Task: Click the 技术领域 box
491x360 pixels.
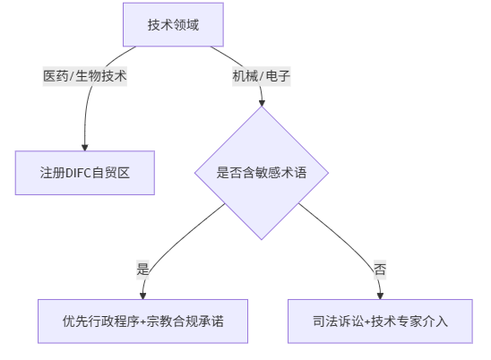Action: (x=173, y=24)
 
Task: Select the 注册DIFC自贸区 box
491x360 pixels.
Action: (x=85, y=173)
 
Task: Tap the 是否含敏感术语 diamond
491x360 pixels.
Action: (x=262, y=173)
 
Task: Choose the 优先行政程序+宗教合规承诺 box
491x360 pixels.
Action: (x=142, y=321)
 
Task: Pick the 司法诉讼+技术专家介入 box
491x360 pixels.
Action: (x=380, y=321)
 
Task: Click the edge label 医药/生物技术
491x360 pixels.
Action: (x=85, y=76)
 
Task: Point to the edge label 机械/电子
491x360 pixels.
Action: (x=261, y=76)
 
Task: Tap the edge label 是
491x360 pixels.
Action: (x=142, y=270)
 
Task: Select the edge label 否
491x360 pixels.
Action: (x=380, y=270)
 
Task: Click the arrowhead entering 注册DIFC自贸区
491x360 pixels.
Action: (x=85, y=148)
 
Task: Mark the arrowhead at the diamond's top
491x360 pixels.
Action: (x=262, y=103)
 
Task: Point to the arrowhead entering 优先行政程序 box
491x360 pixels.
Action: (x=142, y=296)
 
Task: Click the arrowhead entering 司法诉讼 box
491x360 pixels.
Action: (x=380, y=296)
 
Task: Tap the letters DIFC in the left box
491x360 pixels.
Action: (x=78, y=173)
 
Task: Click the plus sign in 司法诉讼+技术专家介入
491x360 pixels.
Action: (x=367, y=321)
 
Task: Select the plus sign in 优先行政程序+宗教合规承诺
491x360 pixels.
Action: (x=142, y=321)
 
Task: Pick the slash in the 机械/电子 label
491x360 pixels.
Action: (x=261, y=76)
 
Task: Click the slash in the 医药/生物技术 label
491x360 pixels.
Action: (x=72, y=76)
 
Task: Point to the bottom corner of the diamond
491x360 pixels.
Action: (x=262, y=240)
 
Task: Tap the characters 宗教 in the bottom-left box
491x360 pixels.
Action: (x=159, y=321)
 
